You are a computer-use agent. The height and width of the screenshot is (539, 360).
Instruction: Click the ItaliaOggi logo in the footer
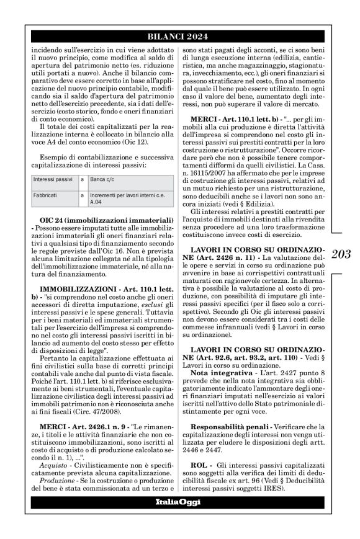180,502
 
